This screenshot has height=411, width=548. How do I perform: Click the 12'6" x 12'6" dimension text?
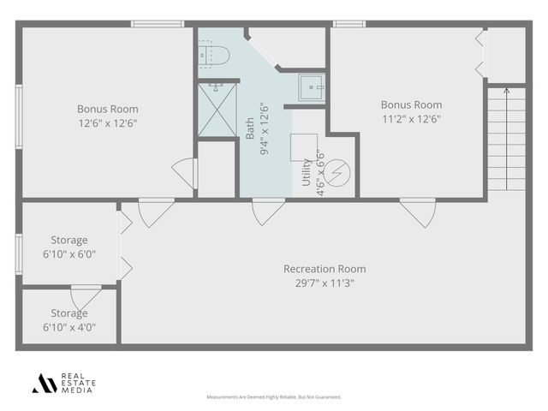click(x=107, y=123)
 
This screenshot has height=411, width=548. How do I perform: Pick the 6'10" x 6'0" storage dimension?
click(x=68, y=254)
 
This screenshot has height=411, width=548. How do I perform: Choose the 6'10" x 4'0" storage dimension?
click(x=68, y=327)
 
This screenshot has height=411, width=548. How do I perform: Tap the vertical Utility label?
click(x=307, y=172)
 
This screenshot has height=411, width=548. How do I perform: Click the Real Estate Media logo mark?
click(x=45, y=384)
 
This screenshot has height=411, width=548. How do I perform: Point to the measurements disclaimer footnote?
click(x=273, y=397)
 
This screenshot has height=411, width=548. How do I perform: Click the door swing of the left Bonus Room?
click(x=186, y=172)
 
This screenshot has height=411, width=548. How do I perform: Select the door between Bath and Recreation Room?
click(x=268, y=210)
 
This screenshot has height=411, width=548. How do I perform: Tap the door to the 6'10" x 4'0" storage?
click(x=86, y=297)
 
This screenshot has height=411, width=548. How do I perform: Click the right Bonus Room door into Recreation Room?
click(x=418, y=211)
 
